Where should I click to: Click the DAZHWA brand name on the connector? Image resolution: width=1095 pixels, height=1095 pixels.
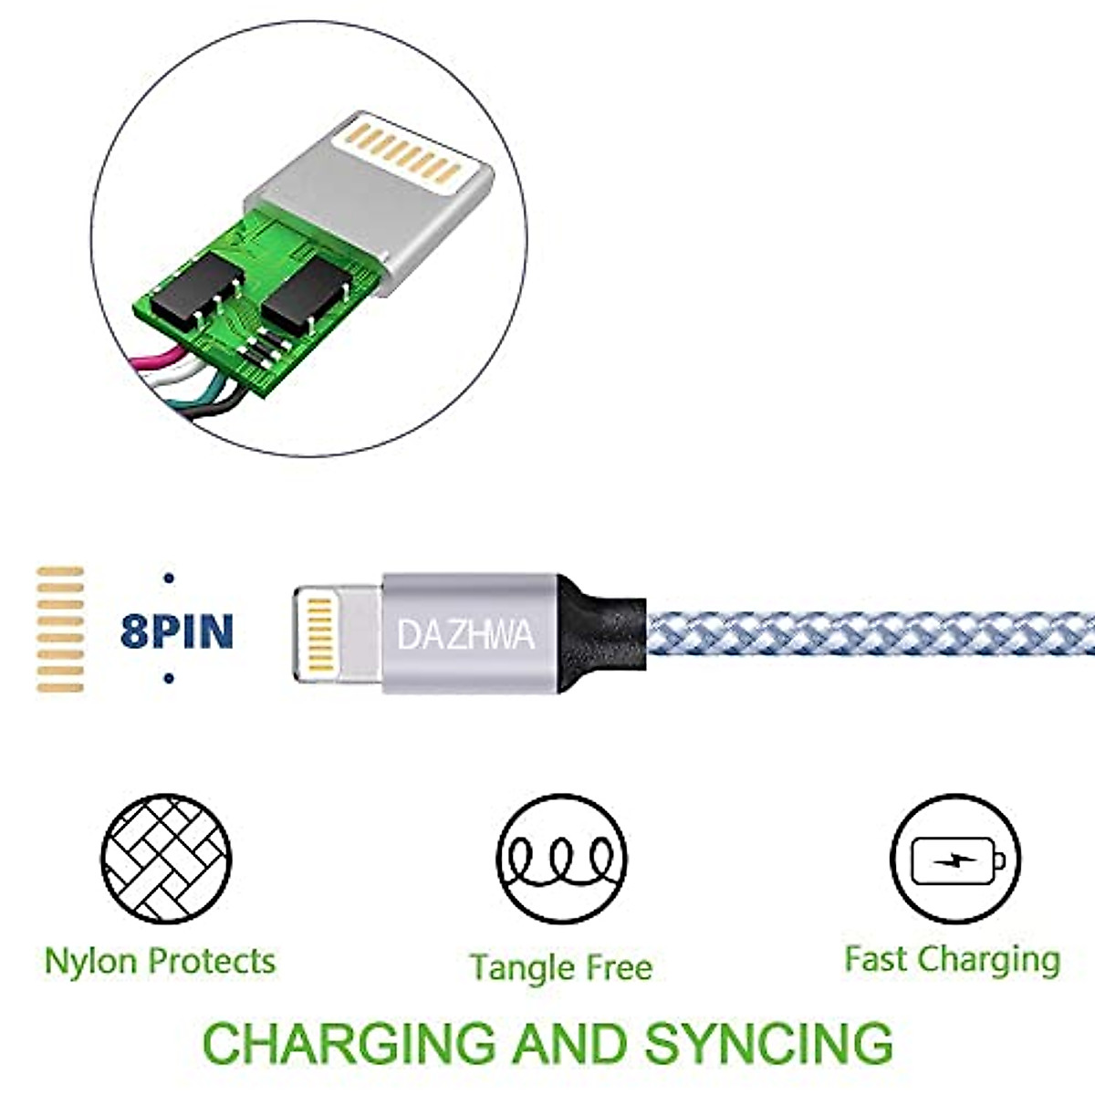466,635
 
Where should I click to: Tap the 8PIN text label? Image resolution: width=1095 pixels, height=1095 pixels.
177,631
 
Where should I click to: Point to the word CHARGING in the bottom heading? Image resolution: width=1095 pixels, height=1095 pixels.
349,1043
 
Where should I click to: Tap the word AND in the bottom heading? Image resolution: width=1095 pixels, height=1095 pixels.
569,1043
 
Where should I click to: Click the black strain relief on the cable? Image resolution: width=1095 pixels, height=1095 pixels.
601,633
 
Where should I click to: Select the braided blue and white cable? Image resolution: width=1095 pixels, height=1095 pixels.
871,633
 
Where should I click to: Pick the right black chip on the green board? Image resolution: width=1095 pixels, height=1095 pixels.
307,293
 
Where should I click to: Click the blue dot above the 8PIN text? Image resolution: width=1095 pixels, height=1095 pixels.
168,579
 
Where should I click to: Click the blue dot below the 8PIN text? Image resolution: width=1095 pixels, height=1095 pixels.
168,678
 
